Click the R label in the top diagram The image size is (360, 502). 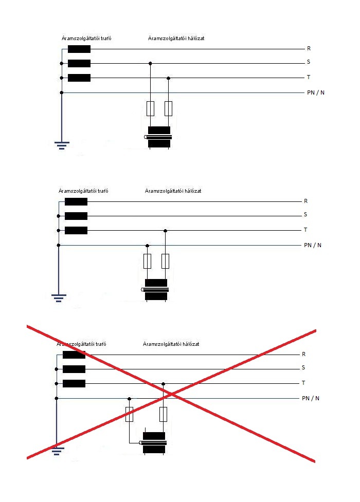[309, 49]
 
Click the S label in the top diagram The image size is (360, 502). [309, 63]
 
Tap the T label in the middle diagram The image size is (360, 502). [305, 230]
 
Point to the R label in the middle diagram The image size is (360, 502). [305, 201]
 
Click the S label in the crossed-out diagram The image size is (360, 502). [303, 368]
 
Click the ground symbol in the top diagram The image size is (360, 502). [62, 145]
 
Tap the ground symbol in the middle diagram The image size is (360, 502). [59, 298]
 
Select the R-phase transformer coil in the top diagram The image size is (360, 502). [79, 49]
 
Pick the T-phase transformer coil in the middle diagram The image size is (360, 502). [76, 230]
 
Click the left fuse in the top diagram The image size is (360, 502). [150, 108]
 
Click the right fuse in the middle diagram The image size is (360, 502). [165, 261]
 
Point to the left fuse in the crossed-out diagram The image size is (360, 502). [130, 414]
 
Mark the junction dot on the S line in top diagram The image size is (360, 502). [150, 64]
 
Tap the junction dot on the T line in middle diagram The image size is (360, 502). [165, 230]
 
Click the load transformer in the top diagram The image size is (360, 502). [159, 137]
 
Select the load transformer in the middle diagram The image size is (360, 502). [156, 289]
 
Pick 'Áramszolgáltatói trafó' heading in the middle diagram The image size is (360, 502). [83, 191]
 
